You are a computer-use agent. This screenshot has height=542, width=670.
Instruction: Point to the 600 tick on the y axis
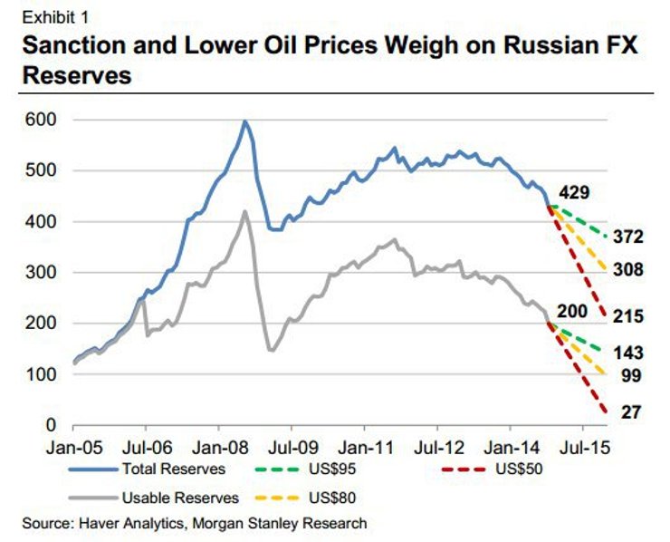click(x=40, y=120)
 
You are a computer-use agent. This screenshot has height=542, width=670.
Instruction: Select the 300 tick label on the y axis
click(x=40, y=273)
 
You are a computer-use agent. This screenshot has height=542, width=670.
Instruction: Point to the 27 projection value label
click(x=630, y=412)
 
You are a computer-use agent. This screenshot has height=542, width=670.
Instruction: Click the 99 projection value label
click(x=630, y=376)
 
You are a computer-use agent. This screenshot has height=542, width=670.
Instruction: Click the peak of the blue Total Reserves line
click(x=244, y=121)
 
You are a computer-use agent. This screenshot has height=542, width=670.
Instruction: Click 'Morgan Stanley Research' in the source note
click(x=294, y=523)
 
